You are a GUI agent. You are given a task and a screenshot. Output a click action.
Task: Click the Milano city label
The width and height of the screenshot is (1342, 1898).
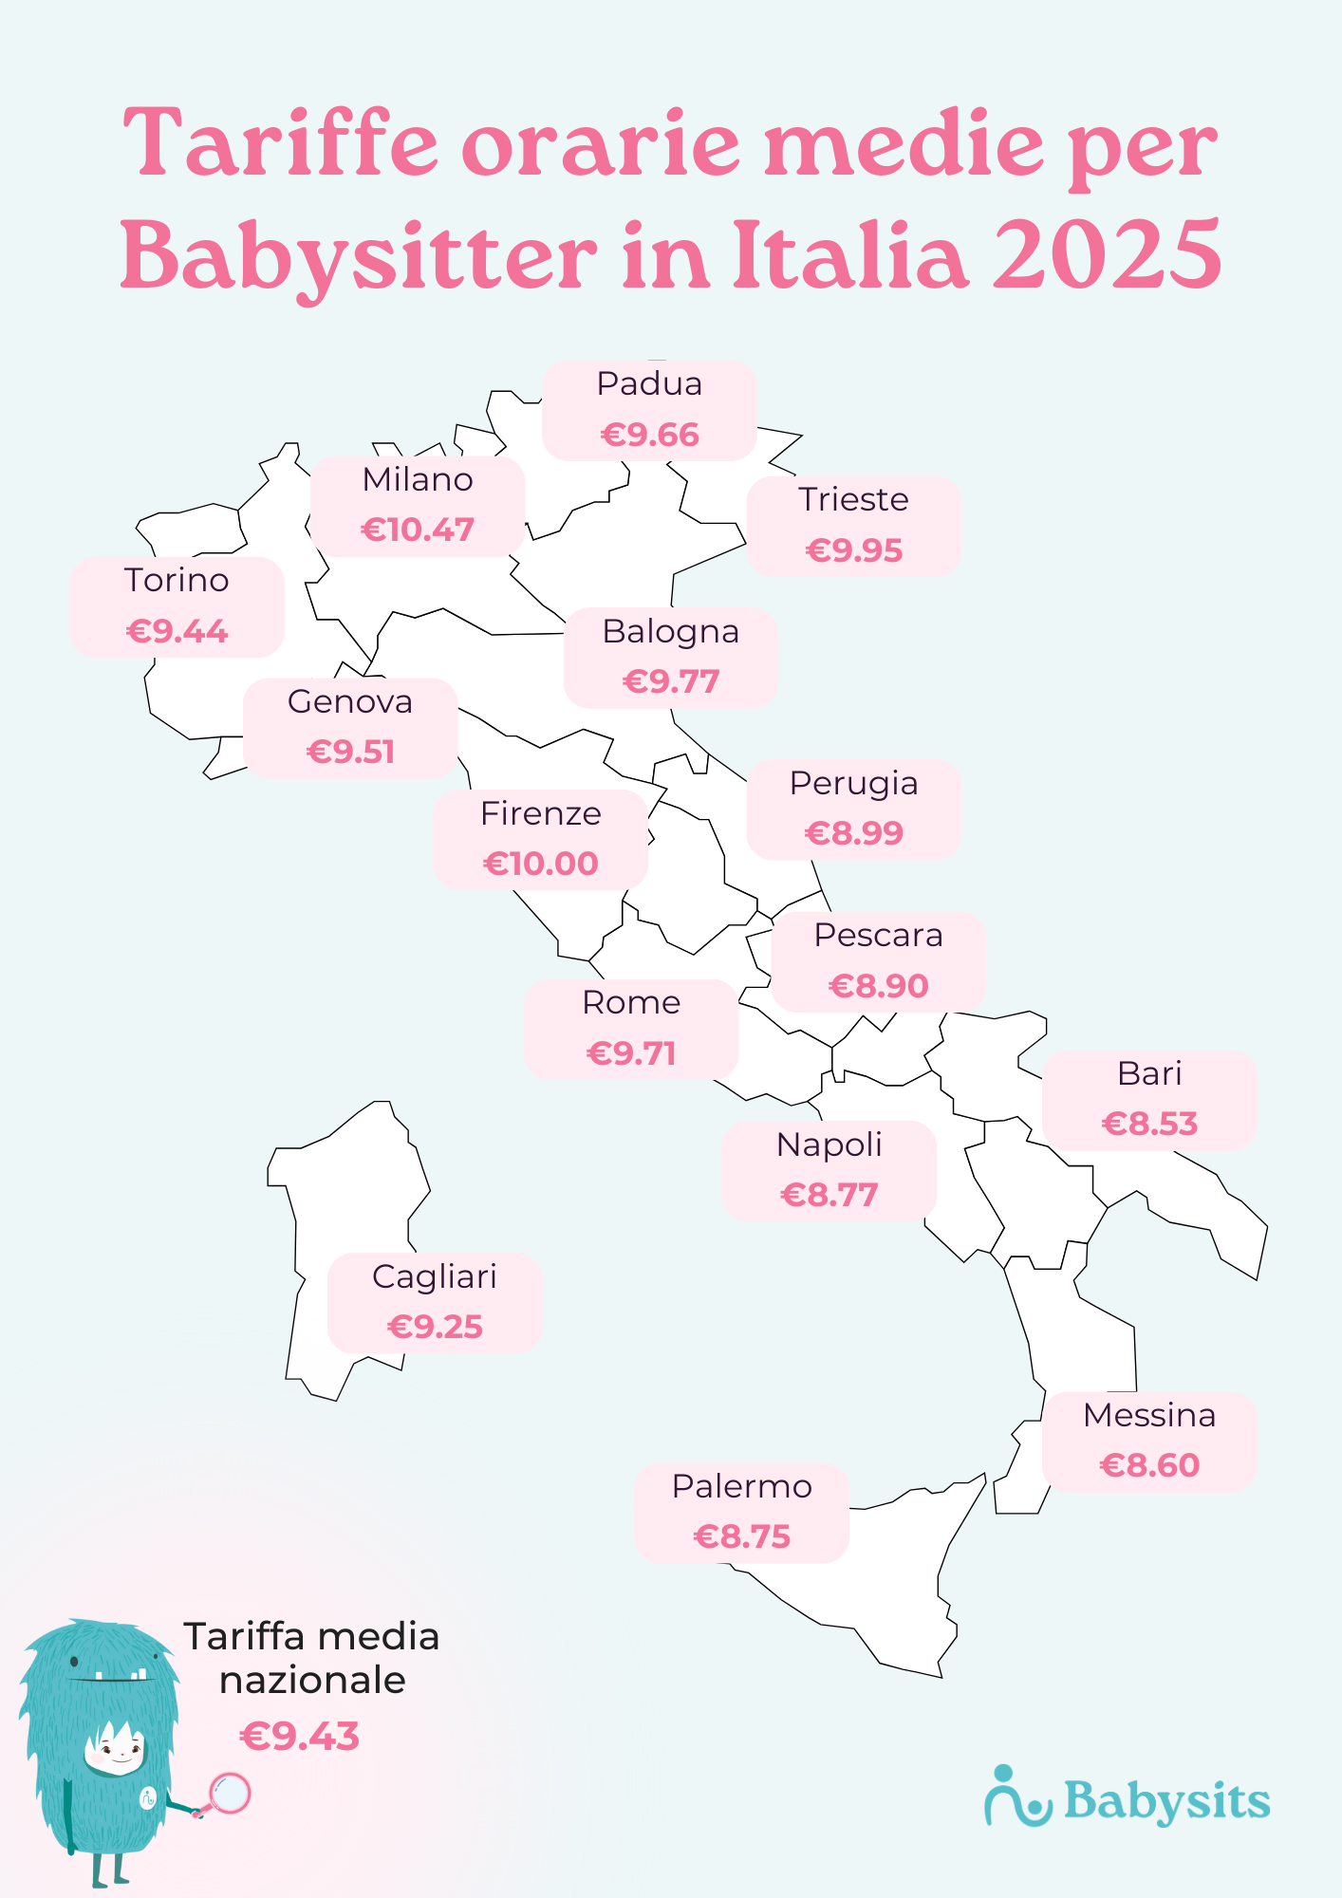418,480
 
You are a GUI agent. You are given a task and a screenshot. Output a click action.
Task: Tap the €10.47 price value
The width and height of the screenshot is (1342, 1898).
418,530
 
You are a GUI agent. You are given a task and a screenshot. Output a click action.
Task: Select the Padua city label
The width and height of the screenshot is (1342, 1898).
649,384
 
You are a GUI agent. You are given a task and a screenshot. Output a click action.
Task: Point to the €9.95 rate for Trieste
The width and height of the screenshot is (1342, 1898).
853,550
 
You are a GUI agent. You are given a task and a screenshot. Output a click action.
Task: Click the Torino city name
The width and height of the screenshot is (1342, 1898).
177,581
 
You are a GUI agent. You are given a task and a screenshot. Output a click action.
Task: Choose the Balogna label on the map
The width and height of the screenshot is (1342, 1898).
670,632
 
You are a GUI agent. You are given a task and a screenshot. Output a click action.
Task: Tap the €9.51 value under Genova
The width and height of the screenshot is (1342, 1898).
350,753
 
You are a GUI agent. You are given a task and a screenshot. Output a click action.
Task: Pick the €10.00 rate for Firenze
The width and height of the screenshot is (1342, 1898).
540,864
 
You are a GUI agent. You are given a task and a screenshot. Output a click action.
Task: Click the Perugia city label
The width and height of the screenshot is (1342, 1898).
853,784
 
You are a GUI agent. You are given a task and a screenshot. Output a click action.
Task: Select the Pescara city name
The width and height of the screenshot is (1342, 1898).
878,936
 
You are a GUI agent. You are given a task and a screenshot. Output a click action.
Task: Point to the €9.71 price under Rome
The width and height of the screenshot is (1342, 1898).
631,1053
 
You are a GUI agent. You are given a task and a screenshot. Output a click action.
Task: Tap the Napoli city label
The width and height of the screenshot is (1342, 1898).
829,1145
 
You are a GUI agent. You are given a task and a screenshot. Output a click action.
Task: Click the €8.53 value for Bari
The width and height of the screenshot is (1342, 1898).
1149,1125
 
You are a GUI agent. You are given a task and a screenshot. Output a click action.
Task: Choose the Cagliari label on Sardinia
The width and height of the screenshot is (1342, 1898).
434,1277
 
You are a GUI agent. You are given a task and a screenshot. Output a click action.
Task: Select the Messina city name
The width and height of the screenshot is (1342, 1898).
1149,1416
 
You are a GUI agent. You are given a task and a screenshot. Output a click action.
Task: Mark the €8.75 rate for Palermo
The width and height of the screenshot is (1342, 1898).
741,1536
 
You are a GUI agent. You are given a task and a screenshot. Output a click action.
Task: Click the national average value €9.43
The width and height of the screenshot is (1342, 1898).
300,1737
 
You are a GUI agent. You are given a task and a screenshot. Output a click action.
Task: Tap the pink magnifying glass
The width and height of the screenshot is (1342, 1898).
229,1794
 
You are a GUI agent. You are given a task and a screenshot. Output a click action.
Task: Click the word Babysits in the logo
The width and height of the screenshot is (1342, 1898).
1166,1801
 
